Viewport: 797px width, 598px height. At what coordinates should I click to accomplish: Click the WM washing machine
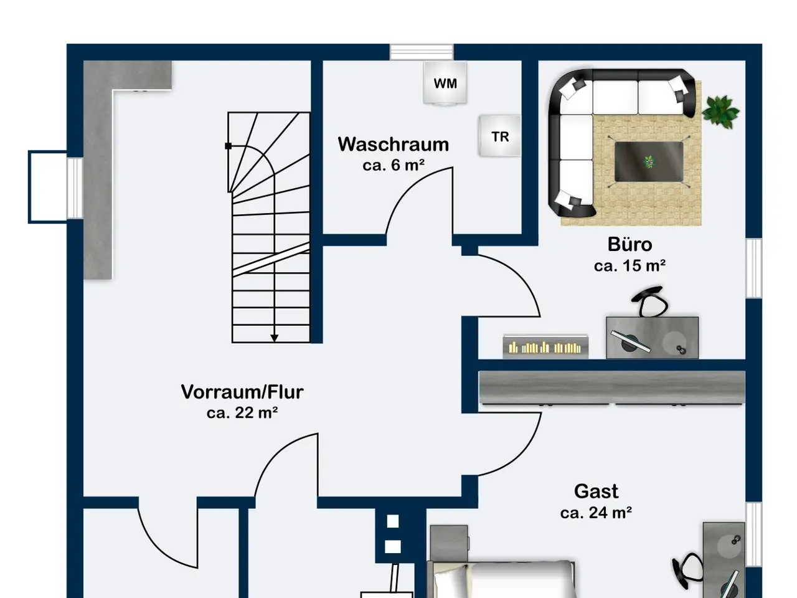click(445, 83)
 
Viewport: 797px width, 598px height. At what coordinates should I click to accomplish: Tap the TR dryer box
click(499, 136)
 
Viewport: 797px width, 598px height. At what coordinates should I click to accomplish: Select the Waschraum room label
click(394, 144)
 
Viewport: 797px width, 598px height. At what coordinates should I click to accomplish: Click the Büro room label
click(630, 244)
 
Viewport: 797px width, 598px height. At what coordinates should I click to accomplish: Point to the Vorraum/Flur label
click(242, 392)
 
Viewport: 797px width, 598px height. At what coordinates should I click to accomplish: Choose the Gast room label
click(597, 491)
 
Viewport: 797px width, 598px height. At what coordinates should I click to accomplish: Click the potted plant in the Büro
click(720, 112)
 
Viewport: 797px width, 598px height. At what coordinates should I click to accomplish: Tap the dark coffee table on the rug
click(649, 161)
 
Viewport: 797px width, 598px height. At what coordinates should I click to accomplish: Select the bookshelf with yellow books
click(545, 347)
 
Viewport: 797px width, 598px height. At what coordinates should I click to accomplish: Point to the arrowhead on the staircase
click(275, 338)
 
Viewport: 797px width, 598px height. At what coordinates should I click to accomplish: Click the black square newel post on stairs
click(228, 146)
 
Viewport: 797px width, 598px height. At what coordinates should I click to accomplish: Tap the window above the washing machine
click(422, 52)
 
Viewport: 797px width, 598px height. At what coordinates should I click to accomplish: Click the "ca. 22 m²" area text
click(242, 413)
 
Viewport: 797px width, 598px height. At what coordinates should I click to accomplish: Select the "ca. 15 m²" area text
click(630, 266)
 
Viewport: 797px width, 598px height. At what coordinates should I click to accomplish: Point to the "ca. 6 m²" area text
click(394, 165)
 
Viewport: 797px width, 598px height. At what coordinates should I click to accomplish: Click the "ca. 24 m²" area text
click(597, 513)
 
